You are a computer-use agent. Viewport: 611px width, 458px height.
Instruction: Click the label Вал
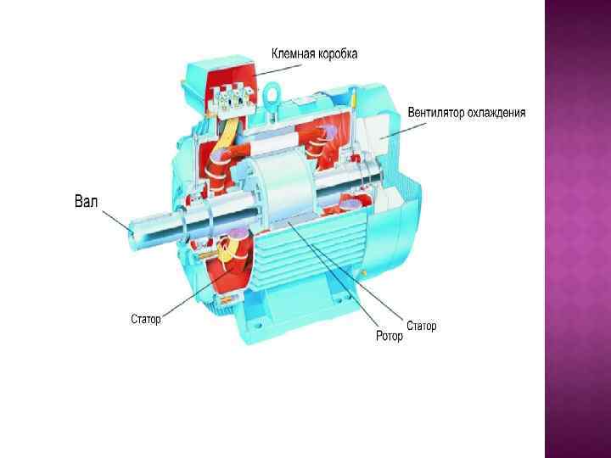pyautogui.click(x=86, y=202)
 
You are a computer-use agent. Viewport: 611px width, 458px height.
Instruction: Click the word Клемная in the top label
pyautogui.click(x=293, y=54)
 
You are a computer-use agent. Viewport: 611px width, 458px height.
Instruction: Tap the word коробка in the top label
pyautogui.click(x=336, y=54)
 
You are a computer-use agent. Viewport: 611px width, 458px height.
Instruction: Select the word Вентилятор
pyautogui.click(x=439, y=112)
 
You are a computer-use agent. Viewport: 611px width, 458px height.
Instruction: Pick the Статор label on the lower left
pyautogui.click(x=146, y=320)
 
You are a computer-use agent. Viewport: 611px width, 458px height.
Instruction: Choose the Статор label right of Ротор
pyautogui.click(x=422, y=326)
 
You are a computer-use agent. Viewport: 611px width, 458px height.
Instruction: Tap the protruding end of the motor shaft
pyautogui.click(x=140, y=228)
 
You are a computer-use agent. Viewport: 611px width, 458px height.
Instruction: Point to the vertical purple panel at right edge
pyautogui.click(x=577, y=229)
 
